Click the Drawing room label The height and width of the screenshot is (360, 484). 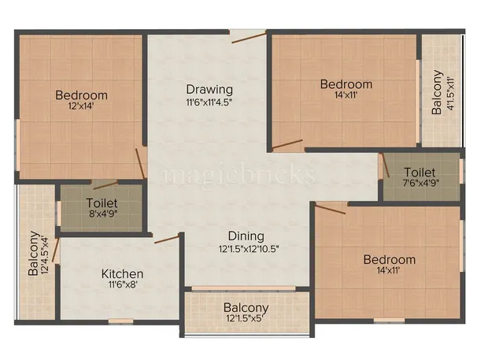coord(209,88)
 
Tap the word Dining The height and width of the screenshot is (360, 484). coord(246,236)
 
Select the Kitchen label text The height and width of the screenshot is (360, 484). coord(122,273)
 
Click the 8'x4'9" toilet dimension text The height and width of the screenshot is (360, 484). coord(102,213)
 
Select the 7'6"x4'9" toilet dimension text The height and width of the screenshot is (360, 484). coord(420,184)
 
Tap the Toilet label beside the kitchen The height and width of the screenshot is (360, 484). coord(102,202)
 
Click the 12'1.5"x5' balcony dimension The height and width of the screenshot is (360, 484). coord(246,319)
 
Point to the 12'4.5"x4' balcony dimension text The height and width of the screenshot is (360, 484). coord(46,252)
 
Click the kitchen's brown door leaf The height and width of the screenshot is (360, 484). coord(166,238)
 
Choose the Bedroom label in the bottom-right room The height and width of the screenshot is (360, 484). coord(389,259)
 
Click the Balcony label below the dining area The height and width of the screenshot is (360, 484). coord(246,307)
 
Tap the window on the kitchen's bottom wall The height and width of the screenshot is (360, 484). coord(120,321)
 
